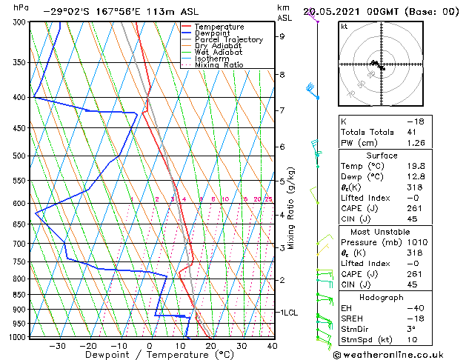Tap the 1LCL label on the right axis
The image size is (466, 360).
[287, 313]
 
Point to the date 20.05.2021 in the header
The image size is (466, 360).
[335, 11]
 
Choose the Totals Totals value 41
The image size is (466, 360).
[410, 132]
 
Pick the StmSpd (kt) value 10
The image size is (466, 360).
[410, 340]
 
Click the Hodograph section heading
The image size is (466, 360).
[382, 297]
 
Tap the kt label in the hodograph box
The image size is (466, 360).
[344, 26]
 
